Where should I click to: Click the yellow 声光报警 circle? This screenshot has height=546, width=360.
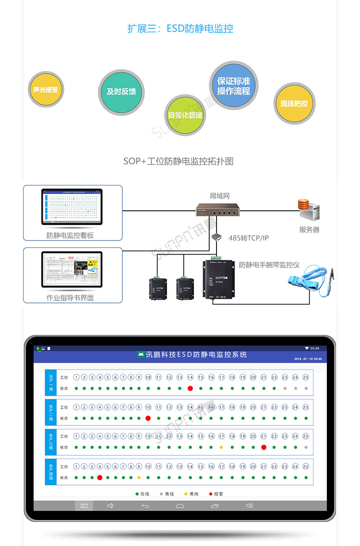(46, 90)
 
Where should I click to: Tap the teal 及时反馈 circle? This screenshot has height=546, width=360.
(121, 92)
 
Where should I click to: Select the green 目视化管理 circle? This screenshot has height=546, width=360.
(185, 115)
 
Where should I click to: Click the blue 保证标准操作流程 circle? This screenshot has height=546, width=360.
(234, 86)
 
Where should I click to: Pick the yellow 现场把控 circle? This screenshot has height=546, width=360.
(294, 103)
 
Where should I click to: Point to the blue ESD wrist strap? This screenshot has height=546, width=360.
(307, 283)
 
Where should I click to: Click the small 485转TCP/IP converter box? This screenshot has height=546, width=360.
(216, 237)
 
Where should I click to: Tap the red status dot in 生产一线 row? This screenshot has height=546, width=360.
(190, 388)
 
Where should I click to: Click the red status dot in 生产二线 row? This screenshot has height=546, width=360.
(148, 418)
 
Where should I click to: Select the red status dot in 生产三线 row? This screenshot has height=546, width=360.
(264, 448)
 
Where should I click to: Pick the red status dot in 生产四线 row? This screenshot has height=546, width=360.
(100, 477)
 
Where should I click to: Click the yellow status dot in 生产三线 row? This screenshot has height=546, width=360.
(221, 448)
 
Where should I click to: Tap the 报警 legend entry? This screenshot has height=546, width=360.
(216, 494)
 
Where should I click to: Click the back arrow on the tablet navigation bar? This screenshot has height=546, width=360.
(145, 506)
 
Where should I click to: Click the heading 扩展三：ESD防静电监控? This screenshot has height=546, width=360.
(180, 29)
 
